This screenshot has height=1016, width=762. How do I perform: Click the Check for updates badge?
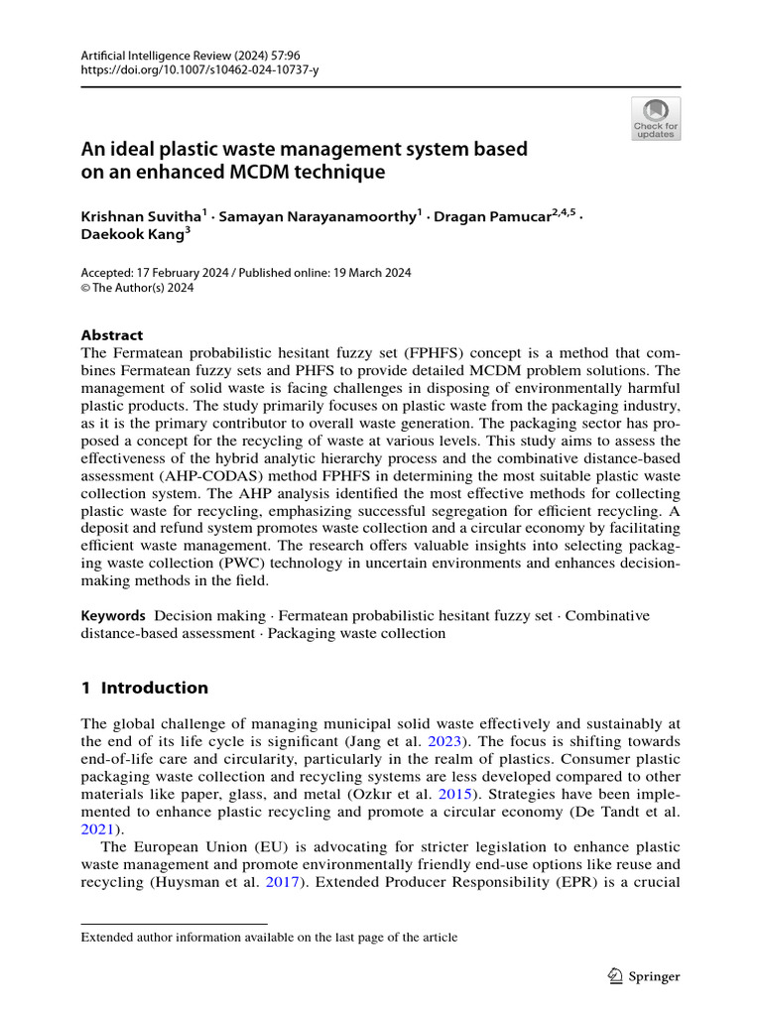(x=656, y=118)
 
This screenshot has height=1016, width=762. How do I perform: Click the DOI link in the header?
(x=199, y=70)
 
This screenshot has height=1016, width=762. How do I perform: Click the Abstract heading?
(x=111, y=335)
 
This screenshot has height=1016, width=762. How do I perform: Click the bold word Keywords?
(x=113, y=616)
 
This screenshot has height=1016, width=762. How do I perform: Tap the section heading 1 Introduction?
(x=145, y=688)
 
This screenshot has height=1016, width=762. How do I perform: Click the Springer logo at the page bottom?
(x=642, y=976)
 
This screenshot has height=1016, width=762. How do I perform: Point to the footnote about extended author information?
(x=269, y=937)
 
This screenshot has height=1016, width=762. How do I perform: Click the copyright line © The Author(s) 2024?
(x=137, y=289)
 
